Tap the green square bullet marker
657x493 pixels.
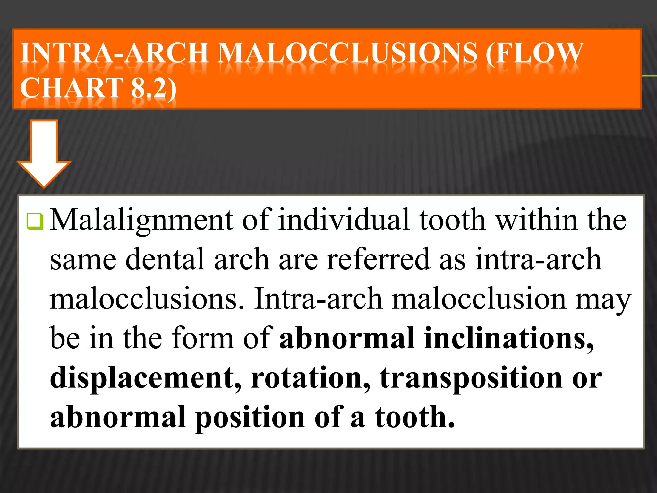(35, 221)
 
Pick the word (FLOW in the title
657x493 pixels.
(534, 53)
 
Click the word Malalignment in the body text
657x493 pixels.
(141, 221)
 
